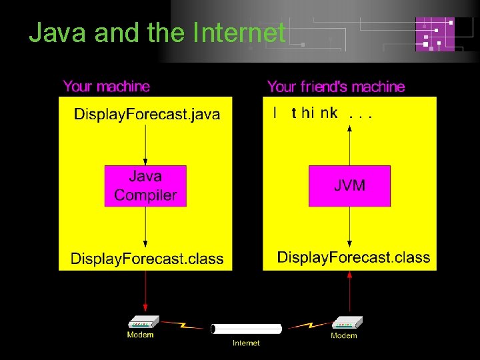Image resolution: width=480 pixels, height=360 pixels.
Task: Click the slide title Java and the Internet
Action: [x=157, y=33]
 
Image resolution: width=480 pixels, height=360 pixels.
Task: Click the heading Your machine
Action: [x=107, y=86]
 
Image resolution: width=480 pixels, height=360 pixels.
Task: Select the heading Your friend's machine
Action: [x=335, y=87]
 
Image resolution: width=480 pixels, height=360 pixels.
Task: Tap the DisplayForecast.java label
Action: [x=147, y=114]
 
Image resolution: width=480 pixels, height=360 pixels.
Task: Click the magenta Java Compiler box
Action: [x=145, y=186]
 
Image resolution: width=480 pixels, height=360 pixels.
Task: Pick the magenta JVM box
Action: [x=349, y=186]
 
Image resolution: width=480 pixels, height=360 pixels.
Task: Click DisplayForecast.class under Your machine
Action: [x=147, y=259]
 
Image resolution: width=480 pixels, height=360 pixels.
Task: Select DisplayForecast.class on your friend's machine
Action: [x=353, y=257]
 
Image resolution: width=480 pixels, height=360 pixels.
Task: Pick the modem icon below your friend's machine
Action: [x=346, y=322]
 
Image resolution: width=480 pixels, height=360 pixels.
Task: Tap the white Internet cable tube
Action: [x=246, y=329]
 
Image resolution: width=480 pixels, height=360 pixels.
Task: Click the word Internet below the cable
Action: [x=246, y=343]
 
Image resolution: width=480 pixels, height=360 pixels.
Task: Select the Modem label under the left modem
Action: [x=140, y=335]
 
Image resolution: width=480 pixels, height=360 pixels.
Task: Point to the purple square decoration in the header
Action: [x=435, y=34]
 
